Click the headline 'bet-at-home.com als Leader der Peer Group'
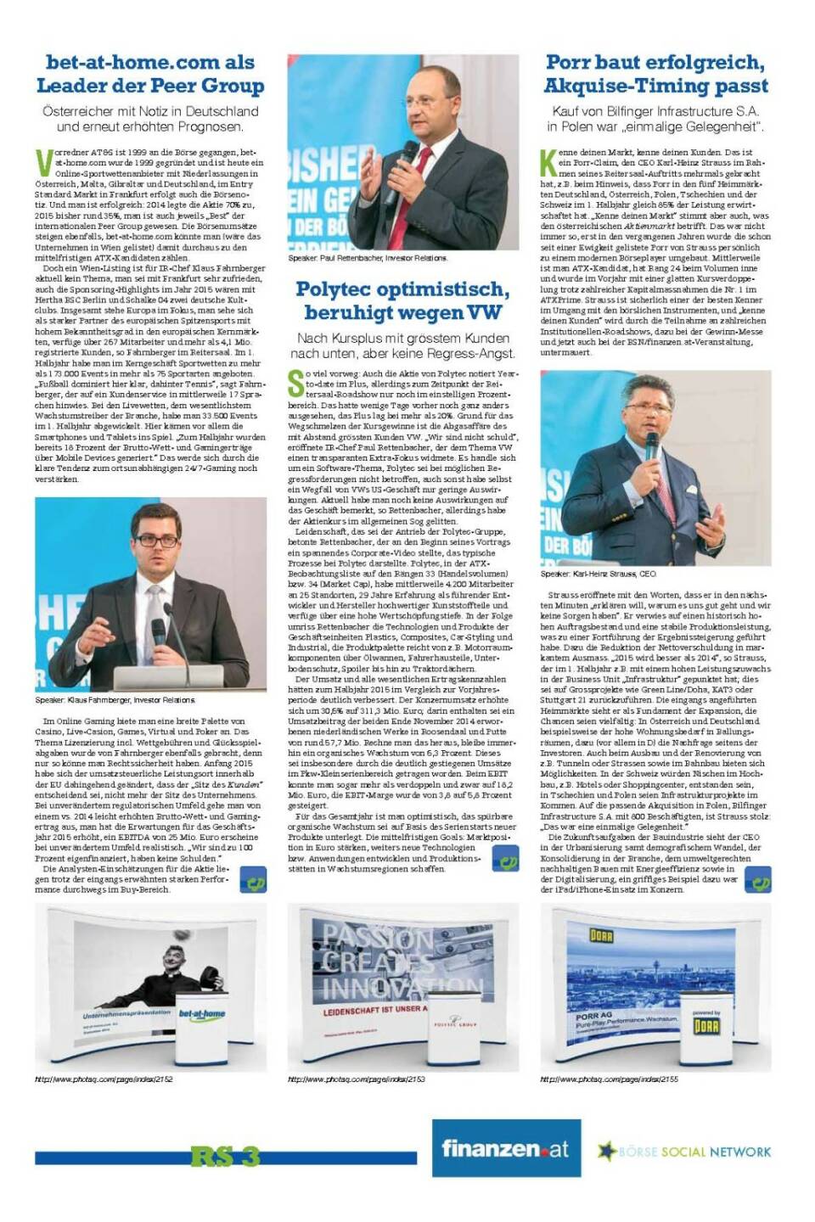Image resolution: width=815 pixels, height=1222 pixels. coord(149,74)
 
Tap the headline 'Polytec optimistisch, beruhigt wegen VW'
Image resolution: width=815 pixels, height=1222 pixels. coord(402,300)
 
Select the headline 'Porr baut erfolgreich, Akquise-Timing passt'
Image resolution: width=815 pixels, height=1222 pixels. coord(655,74)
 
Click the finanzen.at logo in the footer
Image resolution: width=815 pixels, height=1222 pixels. coord(505,1149)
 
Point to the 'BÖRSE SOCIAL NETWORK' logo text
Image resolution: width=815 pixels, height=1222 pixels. coord(694,1152)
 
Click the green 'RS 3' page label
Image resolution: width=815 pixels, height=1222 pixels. coord(225,1156)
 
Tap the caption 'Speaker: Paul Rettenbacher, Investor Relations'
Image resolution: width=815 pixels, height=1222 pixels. coord(367,258)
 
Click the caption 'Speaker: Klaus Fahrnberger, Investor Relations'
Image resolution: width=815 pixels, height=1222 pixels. coord(115,700)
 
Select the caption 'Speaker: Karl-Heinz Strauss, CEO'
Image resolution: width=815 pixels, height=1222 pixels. coord(598,575)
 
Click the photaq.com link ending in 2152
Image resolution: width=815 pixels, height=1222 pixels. coord(104,1079)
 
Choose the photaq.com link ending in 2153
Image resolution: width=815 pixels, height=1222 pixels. coord(357,1079)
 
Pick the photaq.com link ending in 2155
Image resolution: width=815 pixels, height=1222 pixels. coord(609,1079)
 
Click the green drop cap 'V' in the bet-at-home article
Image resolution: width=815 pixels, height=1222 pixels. coord(43,160)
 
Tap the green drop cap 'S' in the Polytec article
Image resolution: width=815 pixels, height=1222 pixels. coord(295,384)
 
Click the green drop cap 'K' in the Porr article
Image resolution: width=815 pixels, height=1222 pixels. coord(548,160)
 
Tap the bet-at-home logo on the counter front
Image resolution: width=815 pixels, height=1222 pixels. coord(201,1013)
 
